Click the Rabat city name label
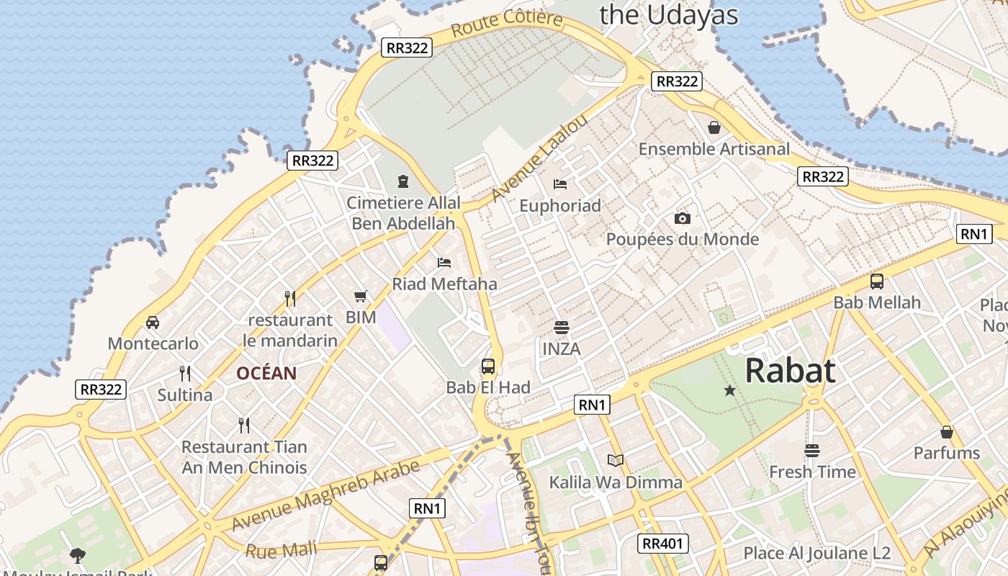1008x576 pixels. [x=790, y=371]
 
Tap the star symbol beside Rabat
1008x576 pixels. [x=729, y=390]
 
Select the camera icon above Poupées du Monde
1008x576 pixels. [x=682, y=218]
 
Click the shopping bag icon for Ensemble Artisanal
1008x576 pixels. [x=714, y=127]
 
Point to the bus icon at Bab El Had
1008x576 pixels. [x=488, y=366]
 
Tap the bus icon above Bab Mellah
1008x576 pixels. [x=877, y=282]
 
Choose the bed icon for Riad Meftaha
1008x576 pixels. [x=444, y=263]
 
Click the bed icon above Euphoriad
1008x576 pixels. [x=560, y=184]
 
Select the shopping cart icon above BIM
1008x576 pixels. [x=361, y=296]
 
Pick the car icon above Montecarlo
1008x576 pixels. [x=153, y=322]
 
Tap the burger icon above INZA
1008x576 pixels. [x=562, y=328]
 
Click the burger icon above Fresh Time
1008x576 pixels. [x=812, y=451]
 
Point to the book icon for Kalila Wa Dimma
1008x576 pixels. [x=616, y=460]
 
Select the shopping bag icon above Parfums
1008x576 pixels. [x=947, y=432]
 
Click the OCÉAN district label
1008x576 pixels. [x=266, y=373]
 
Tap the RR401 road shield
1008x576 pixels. [x=663, y=544]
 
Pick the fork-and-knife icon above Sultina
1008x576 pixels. [x=185, y=373]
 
